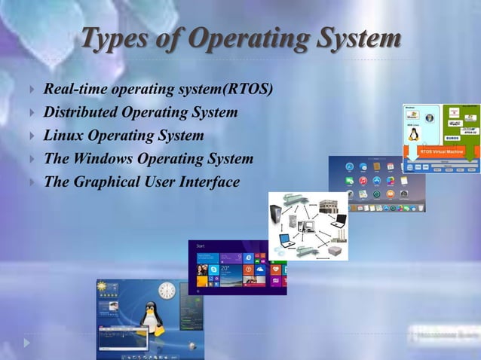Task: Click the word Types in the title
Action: (112, 38)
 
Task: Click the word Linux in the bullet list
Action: (63, 136)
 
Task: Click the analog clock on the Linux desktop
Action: (167, 292)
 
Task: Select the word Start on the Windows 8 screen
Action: (201, 246)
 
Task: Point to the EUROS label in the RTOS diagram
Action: (452, 138)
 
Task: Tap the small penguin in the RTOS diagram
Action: (413, 134)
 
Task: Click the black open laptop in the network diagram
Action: (339, 221)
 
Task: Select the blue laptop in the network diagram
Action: (285, 240)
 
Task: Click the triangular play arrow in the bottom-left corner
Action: (27, 342)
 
